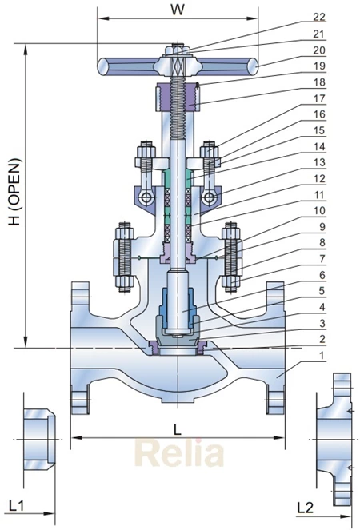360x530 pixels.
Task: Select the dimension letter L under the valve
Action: pyautogui.click(x=177, y=428)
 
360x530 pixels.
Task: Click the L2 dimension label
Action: pyautogui.click(x=305, y=505)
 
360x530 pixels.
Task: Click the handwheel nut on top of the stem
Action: pyautogui.click(x=177, y=50)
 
